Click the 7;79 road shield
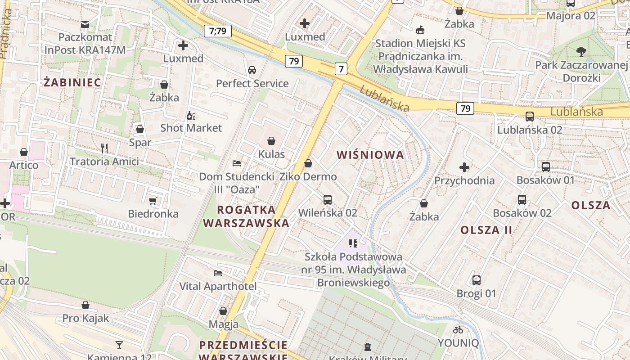(218, 31)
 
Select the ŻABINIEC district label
(72, 82)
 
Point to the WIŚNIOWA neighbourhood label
(370, 155)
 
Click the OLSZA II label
(486, 230)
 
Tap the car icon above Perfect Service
(252, 70)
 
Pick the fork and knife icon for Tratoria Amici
(104, 148)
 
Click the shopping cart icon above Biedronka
(153, 201)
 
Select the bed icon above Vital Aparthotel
(218, 273)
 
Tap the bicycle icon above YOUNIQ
(458, 330)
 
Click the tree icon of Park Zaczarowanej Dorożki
(581, 52)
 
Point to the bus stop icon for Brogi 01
(477, 280)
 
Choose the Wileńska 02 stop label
(328, 212)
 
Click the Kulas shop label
(271, 154)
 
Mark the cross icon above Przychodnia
(464, 167)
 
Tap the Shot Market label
(191, 128)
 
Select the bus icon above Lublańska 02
(530, 117)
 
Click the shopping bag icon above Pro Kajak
(85, 305)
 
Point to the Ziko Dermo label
(308, 176)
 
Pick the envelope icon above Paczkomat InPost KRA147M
(85, 24)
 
